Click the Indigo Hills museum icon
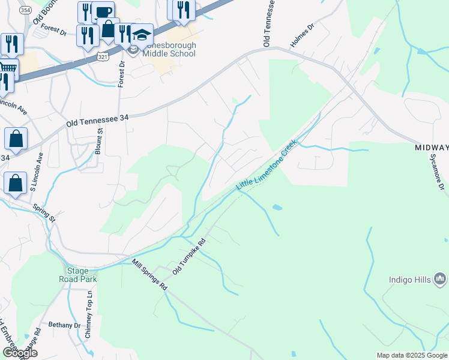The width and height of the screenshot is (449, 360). (x=441, y=278)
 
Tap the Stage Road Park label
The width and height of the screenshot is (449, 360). (x=77, y=275)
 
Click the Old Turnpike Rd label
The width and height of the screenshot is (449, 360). (x=189, y=256)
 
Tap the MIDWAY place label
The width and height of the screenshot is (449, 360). (x=432, y=148)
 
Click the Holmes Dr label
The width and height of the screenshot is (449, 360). (x=302, y=35)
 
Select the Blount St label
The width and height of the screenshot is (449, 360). (x=100, y=141)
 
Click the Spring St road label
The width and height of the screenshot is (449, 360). (x=44, y=212)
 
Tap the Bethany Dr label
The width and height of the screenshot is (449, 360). (x=64, y=325)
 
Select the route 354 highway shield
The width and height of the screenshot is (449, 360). (x=25, y=11)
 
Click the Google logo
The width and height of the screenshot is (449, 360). (x=19, y=353)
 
